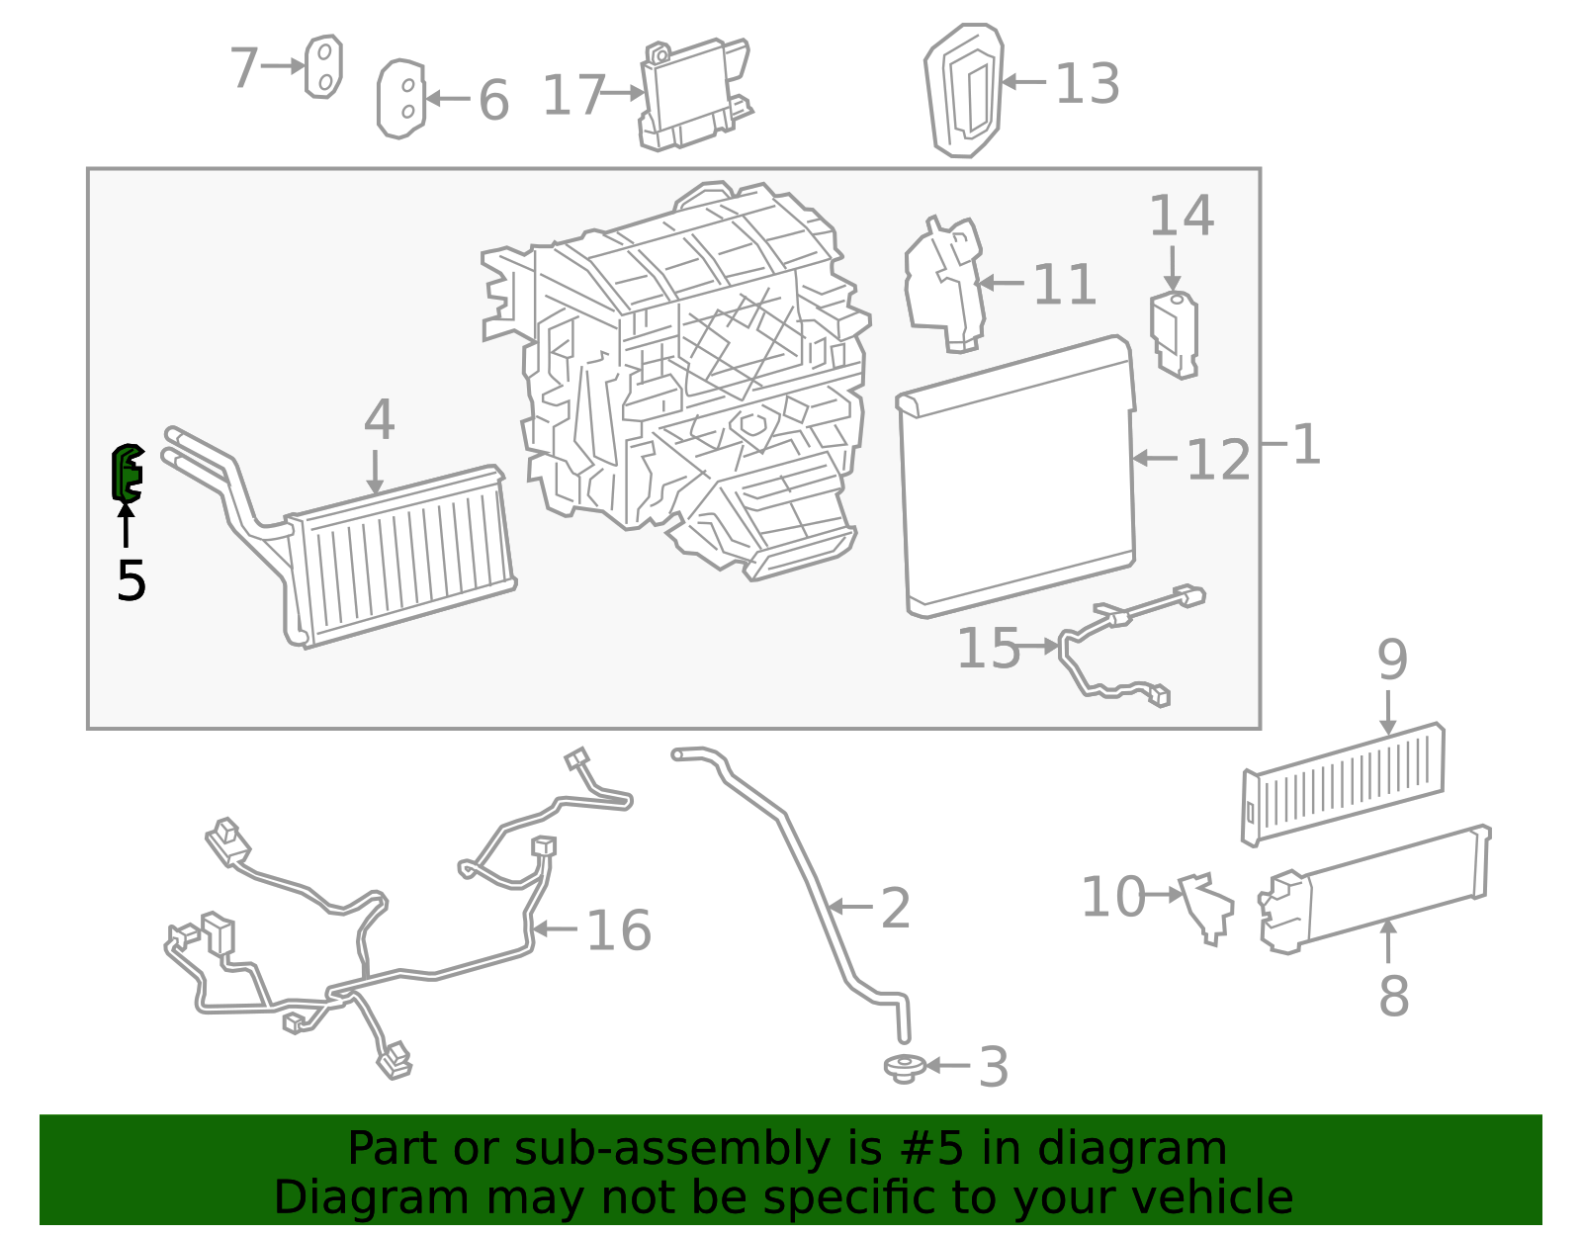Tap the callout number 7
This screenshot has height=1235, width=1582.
pos(244,68)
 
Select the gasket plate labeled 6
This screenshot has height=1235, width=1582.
pos(400,99)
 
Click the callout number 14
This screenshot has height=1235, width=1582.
pos(1181,217)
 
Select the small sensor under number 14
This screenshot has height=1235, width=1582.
pos(1174,333)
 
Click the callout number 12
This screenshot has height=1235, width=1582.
pos(1218,461)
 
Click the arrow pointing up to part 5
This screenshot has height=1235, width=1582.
pos(127,524)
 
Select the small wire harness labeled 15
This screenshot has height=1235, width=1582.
pos(1127,643)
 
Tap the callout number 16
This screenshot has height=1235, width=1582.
pos(619,931)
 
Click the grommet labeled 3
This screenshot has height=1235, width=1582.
pos(904,1067)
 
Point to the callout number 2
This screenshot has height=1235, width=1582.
pos(895,909)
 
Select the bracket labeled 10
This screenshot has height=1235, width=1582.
pos(1207,905)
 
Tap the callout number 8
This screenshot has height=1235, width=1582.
pos(1393,996)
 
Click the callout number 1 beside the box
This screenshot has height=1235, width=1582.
pos(1306,445)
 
